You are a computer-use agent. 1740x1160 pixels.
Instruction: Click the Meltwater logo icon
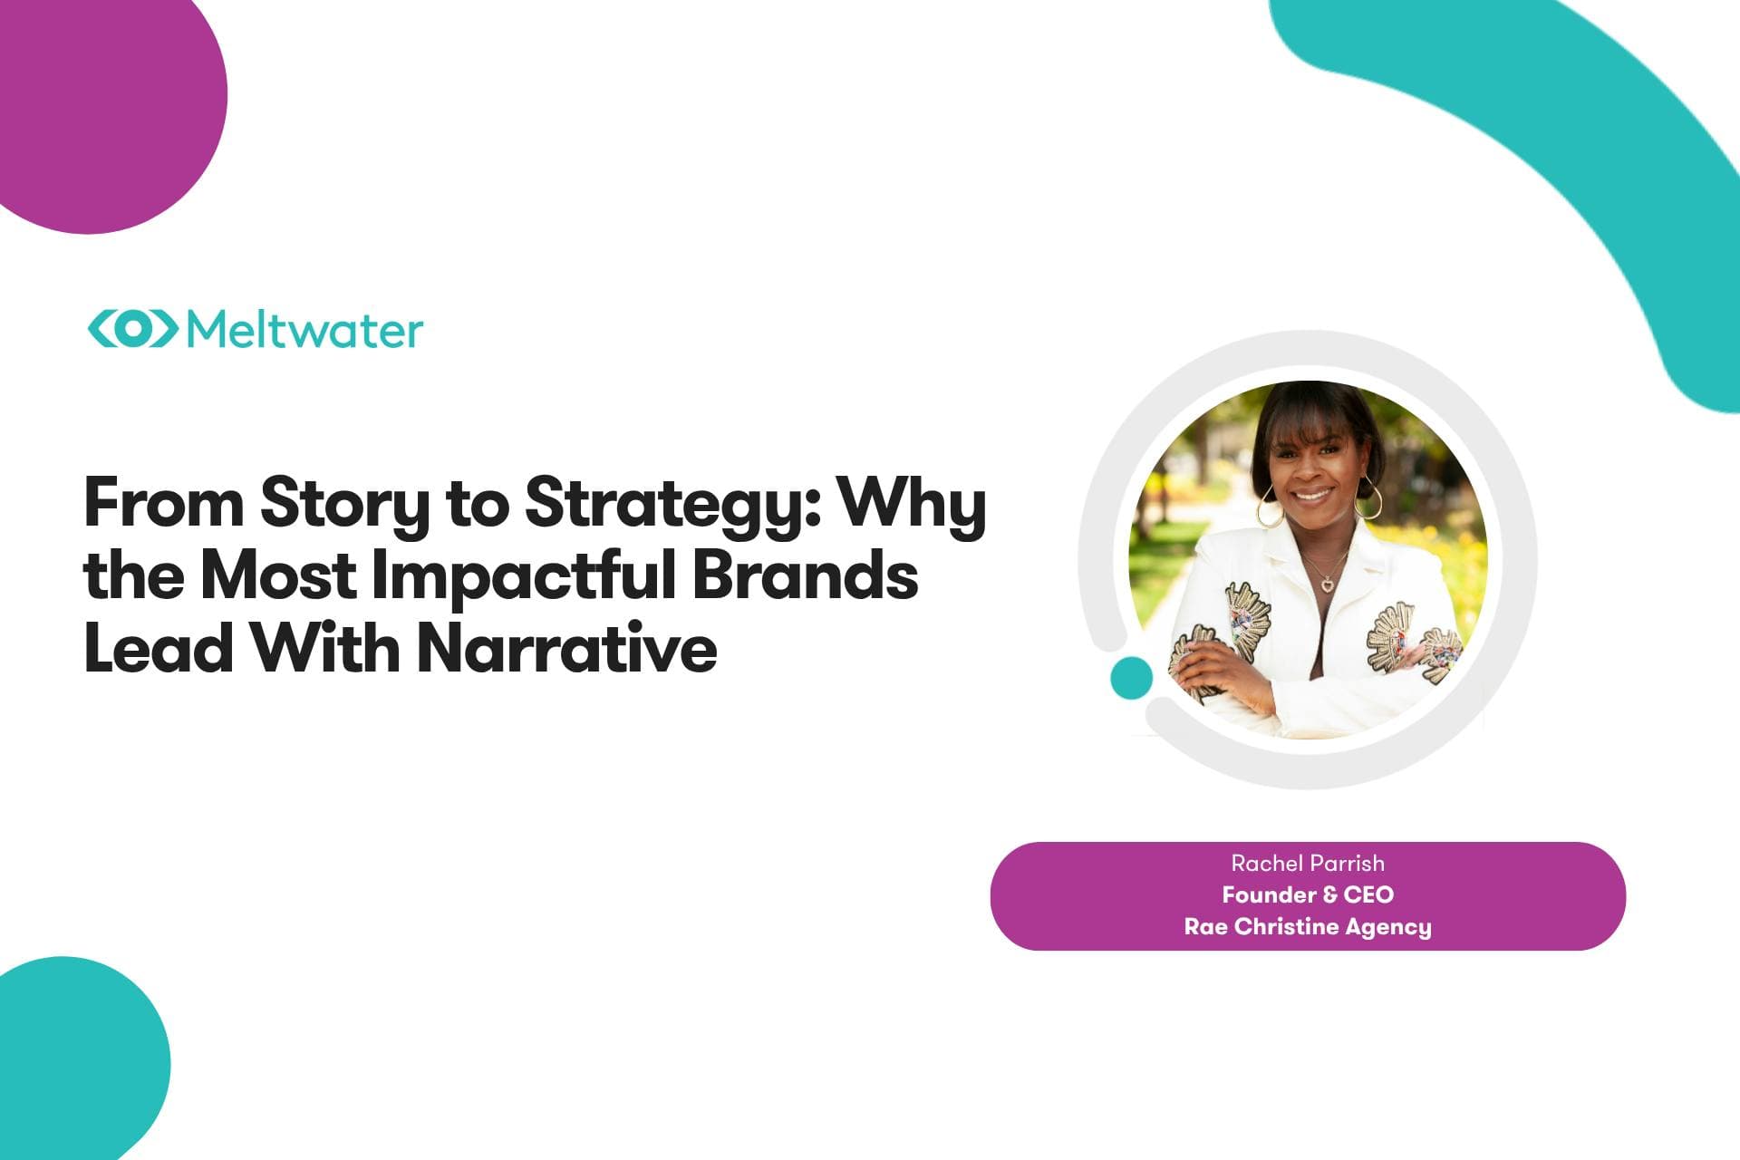(x=132, y=329)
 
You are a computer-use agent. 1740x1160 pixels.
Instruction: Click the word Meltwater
(x=304, y=329)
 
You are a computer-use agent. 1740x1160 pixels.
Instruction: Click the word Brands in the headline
(x=806, y=576)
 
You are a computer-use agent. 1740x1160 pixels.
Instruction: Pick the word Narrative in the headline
(x=567, y=649)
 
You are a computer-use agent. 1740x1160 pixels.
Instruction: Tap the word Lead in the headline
(x=159, y=649)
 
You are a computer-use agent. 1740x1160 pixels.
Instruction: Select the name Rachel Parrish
(x=1308, y=863)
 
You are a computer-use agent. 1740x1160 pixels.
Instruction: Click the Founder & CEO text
(x=1308, y=894)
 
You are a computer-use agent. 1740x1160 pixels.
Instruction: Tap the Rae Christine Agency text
(x=1308, y=927)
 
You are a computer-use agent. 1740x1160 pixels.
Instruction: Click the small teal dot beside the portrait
(x=1131, y=678)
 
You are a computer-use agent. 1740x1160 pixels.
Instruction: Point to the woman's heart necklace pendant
(x=1327, y=584)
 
